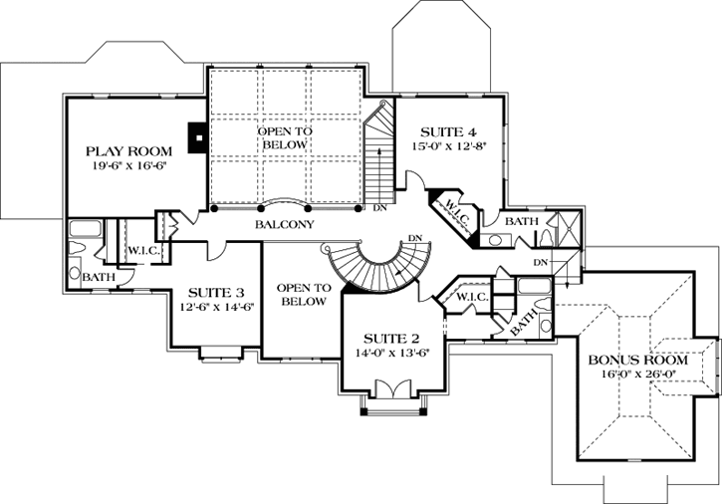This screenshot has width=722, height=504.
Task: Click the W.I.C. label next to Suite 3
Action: pos(143,250)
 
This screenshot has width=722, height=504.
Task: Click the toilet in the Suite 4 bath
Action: pos(547,237)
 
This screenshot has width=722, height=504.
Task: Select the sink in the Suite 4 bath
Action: pos(495,239)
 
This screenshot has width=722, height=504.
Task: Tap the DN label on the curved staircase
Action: pos(417,238)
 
